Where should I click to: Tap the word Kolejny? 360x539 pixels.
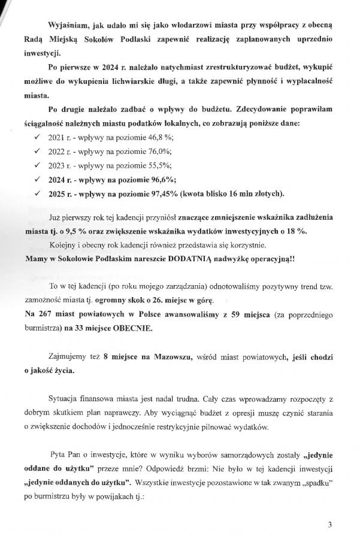pos(63,247)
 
